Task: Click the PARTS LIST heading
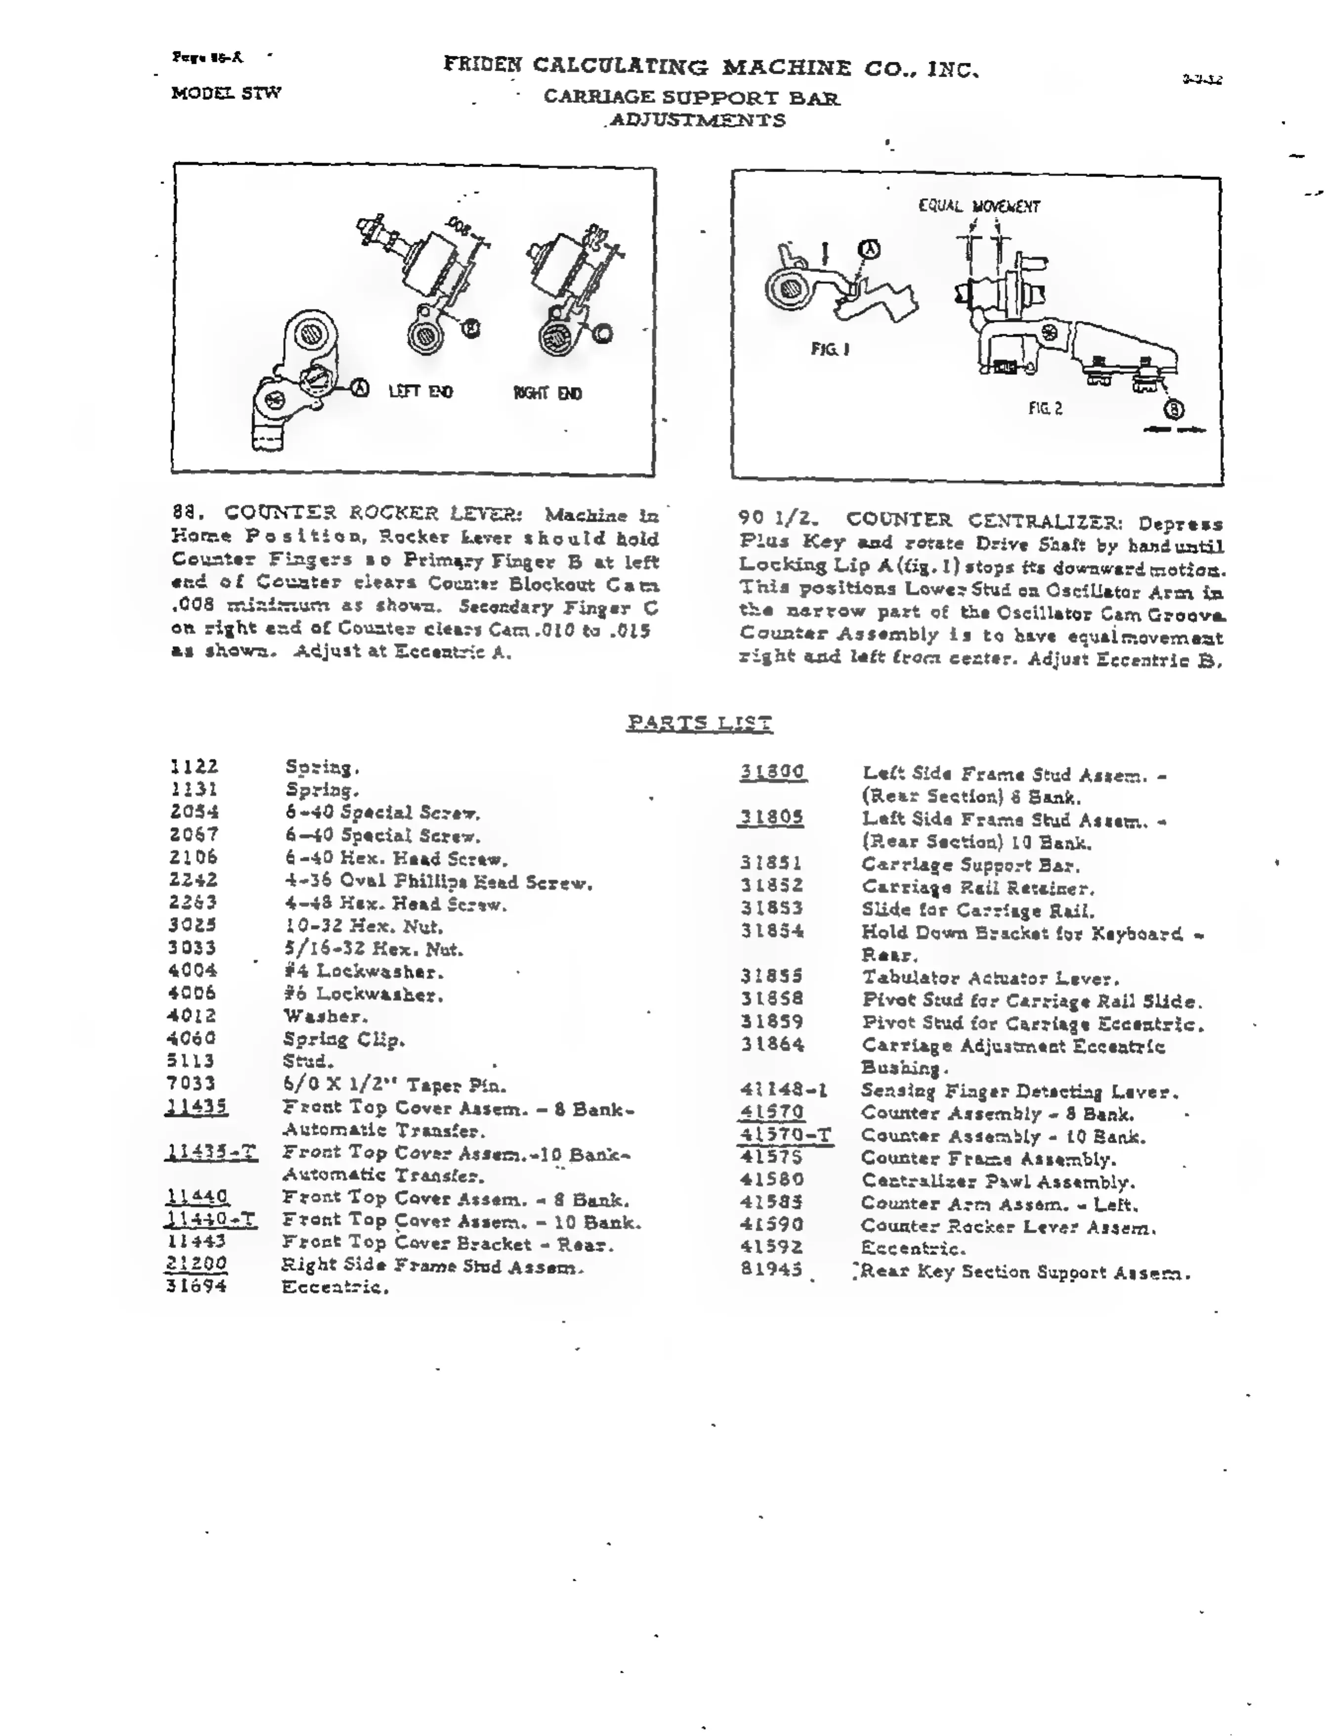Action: coord(699,723)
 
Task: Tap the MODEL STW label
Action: coord(226,93)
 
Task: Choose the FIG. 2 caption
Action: coord(1045,409)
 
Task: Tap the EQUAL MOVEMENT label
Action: coord(979,207)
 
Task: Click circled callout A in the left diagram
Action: coord(361,388)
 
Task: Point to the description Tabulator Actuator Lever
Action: coord(990,978)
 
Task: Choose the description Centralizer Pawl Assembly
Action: coord(997,1182)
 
